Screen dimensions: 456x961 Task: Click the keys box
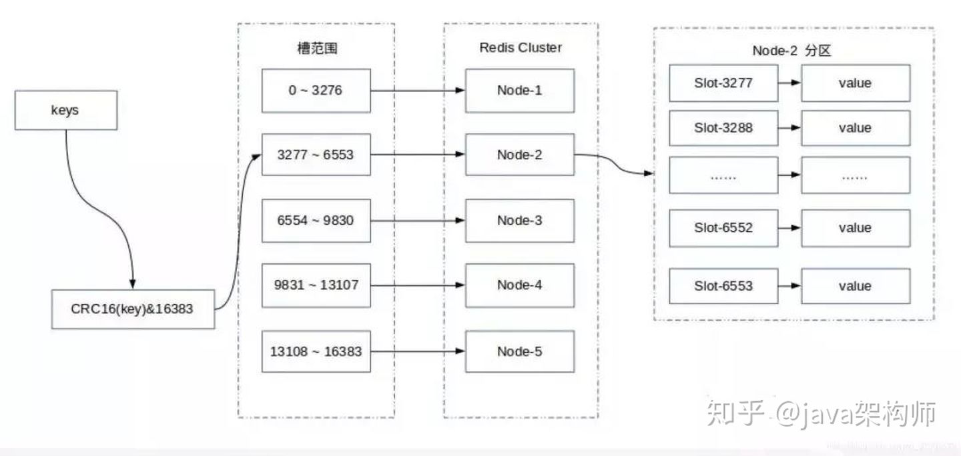pos(65,110)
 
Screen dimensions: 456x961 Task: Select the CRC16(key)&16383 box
pos(133,309)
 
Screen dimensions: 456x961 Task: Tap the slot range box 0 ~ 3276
pos(316,90)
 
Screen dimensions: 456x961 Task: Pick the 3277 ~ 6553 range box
pos(316,155)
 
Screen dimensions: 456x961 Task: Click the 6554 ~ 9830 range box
pos(316,220)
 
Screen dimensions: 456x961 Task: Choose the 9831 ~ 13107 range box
pos(316,285)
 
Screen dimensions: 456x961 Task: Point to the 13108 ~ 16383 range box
pos(316,351)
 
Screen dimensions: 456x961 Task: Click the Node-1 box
pos(519,90)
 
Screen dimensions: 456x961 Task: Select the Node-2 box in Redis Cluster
pos(519,155)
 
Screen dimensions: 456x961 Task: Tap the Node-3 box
pos(519,220)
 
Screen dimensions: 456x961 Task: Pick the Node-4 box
pos(519,285)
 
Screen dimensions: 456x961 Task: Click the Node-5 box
pos(519,351)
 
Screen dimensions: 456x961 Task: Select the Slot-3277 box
pos(723,83)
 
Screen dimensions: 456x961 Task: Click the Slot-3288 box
pos(723,128)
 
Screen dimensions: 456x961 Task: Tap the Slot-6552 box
pos(723,228)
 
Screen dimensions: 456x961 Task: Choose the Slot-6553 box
pos(723,286)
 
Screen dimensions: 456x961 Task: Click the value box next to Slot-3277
pos(855,83)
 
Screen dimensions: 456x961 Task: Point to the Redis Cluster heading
pos(521,48)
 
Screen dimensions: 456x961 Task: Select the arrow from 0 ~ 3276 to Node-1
pos(417,90)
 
